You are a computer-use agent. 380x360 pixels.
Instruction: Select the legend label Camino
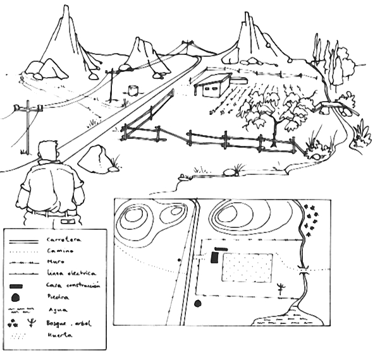[60, 251]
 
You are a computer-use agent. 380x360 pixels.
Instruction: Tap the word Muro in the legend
[56, 262]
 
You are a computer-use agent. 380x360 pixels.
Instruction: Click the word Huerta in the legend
[59, 335]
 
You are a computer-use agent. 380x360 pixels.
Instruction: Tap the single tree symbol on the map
[281, 289]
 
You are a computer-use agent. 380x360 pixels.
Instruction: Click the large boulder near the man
[95, 159]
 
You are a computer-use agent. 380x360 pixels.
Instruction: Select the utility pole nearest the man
[27, 126]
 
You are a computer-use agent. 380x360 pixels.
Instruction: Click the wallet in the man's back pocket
[68, 222]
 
